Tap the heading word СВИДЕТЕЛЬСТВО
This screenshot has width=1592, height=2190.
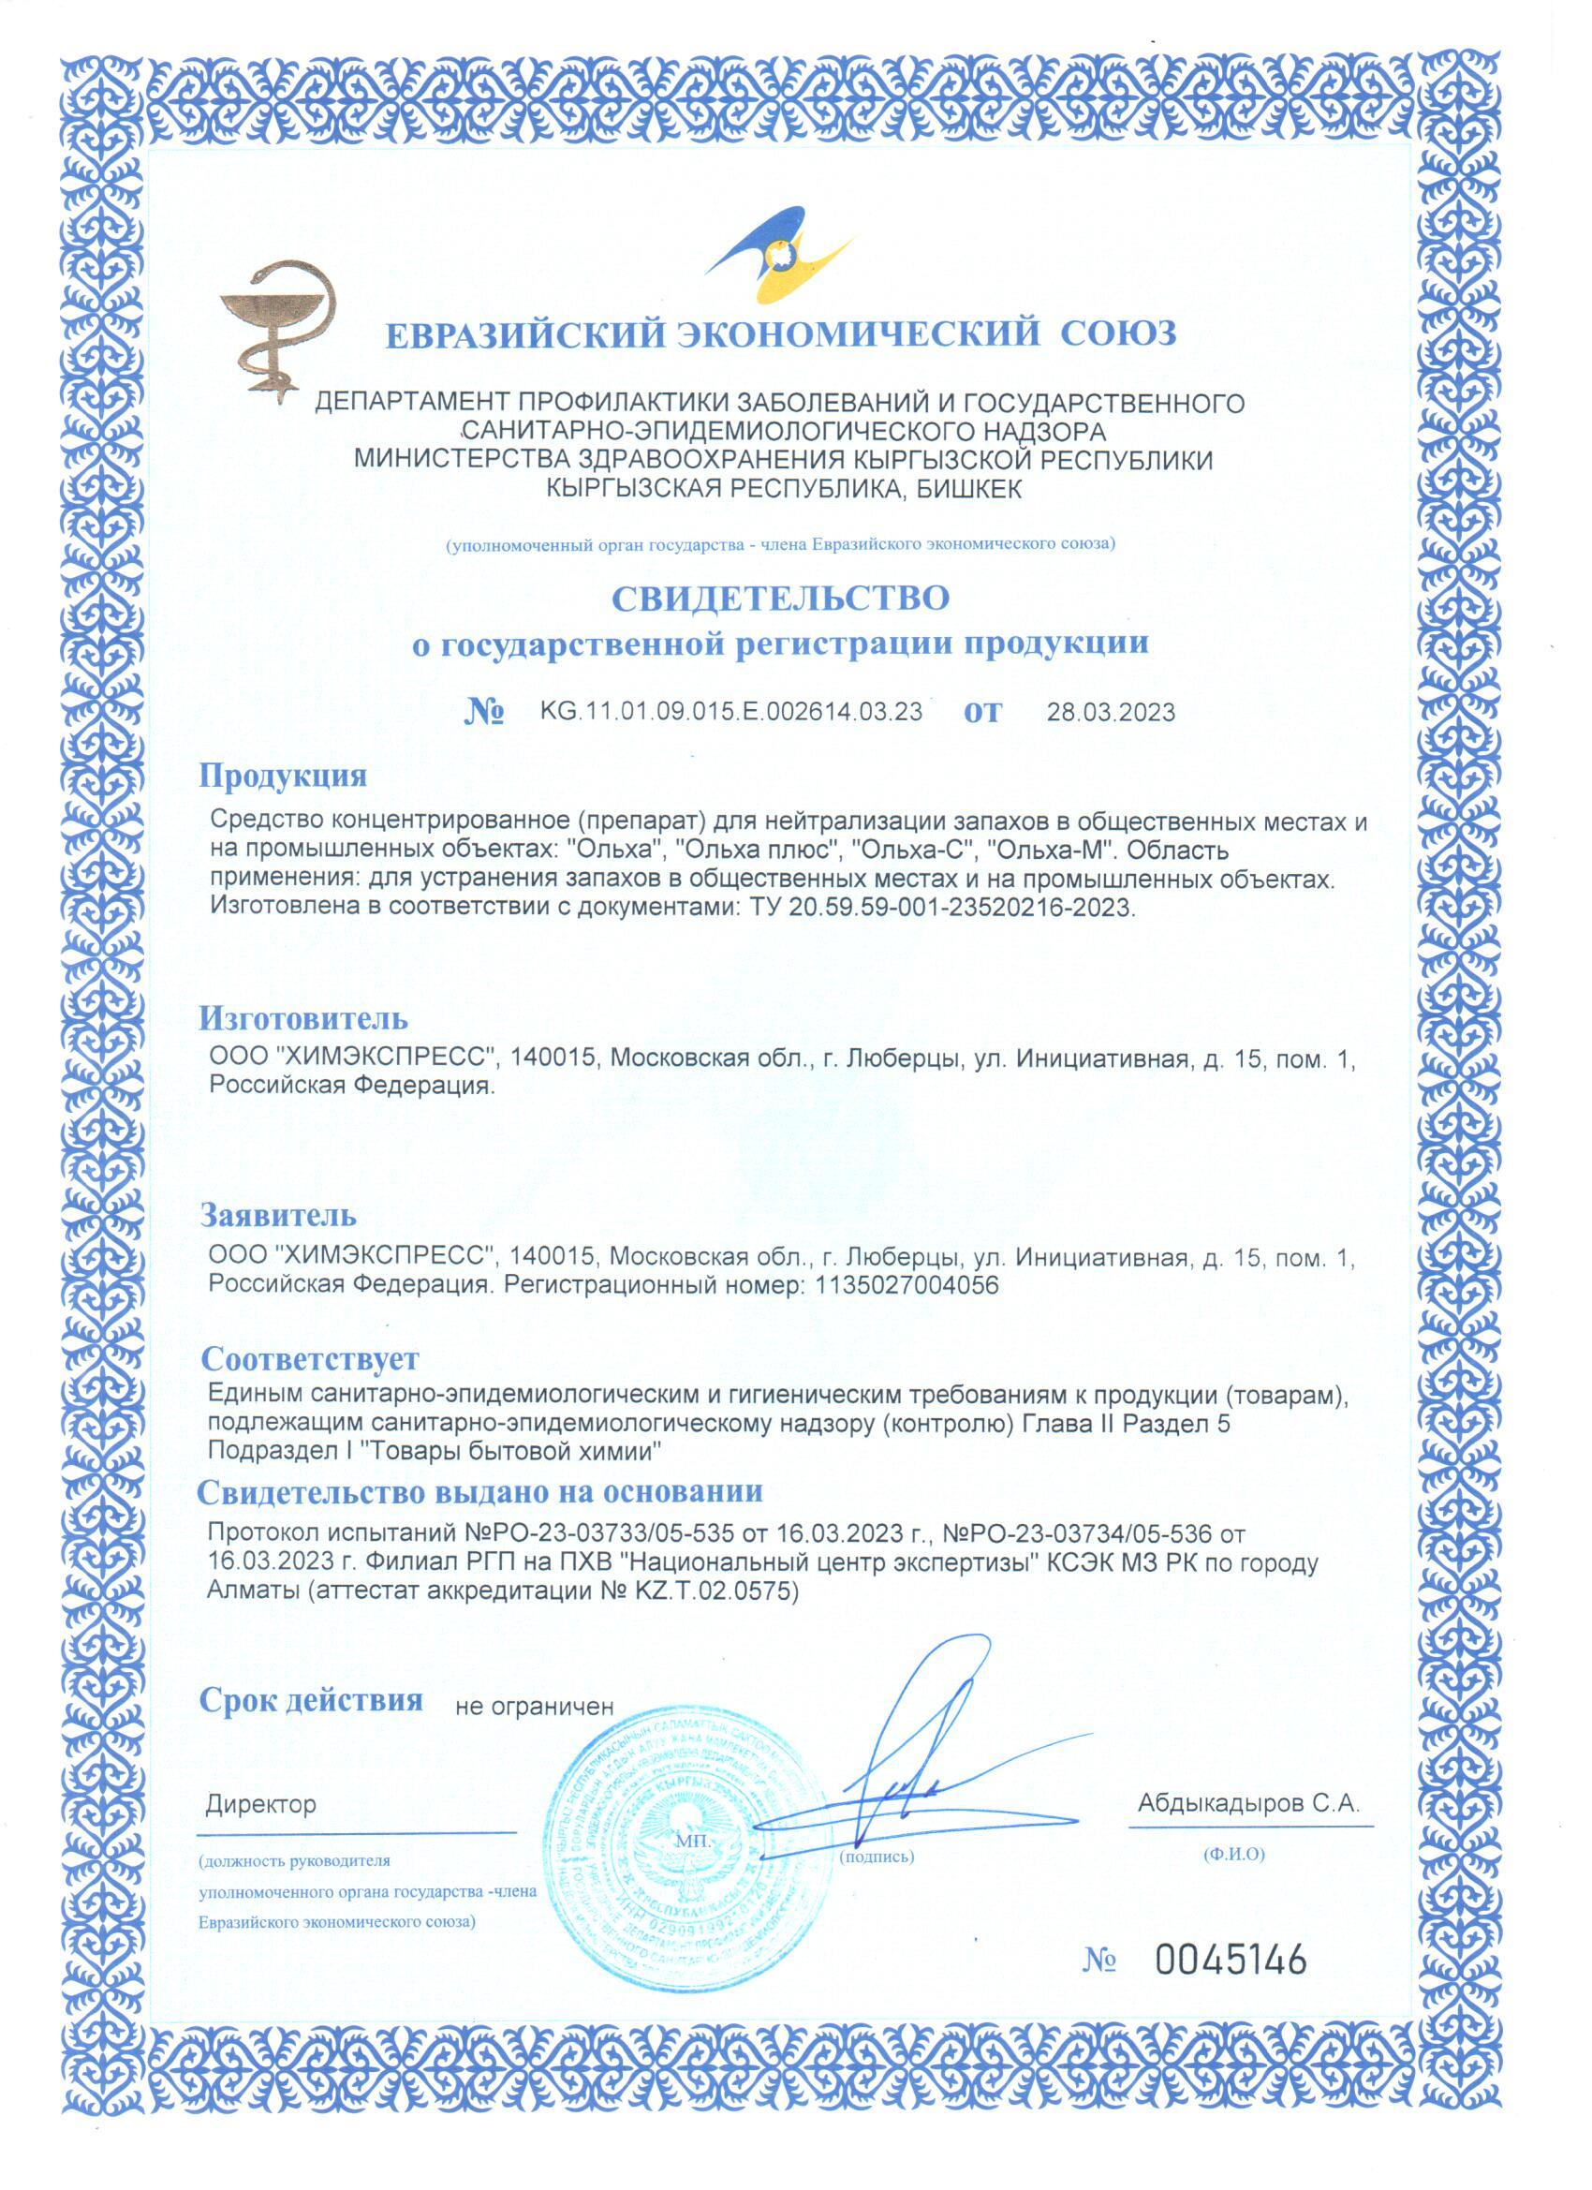(781, 598)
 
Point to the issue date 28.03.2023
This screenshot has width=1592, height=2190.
(1111, 714)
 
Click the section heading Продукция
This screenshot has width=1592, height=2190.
(283, 775)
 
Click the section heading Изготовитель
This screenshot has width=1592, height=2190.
(303, 1018)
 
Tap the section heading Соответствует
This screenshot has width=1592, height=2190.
(310, 1358)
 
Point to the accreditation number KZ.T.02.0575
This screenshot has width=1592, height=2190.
(714, 1592)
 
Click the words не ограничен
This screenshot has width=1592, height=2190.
(534, 1707)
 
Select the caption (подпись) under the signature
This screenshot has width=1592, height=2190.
(877, 1856)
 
